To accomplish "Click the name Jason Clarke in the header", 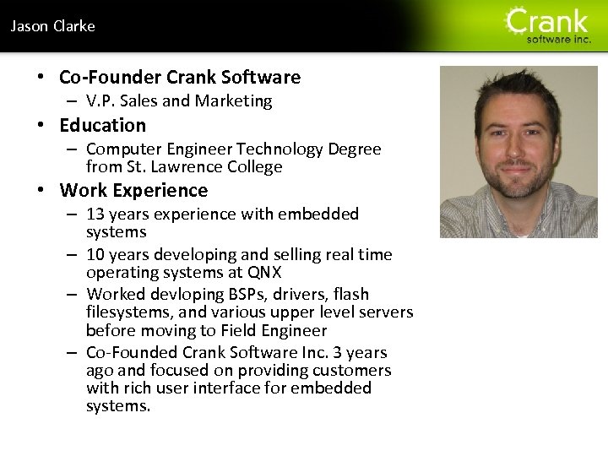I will (x=52, y=26).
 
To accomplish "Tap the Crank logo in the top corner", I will (x=548, y=24).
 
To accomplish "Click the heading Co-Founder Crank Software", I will (x=180, y=78).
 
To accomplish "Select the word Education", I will (x=102, y=126).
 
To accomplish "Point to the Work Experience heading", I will (x=133, y=191).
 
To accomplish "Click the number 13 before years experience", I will (x=95, y=214).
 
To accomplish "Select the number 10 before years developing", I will (x=95, y=255).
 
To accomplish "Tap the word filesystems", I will (x=127, y=312).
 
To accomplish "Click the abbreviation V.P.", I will (x=102, y=101).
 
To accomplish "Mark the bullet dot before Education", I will (x=41, y=126).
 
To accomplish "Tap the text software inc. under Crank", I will (x=558, y=39).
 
